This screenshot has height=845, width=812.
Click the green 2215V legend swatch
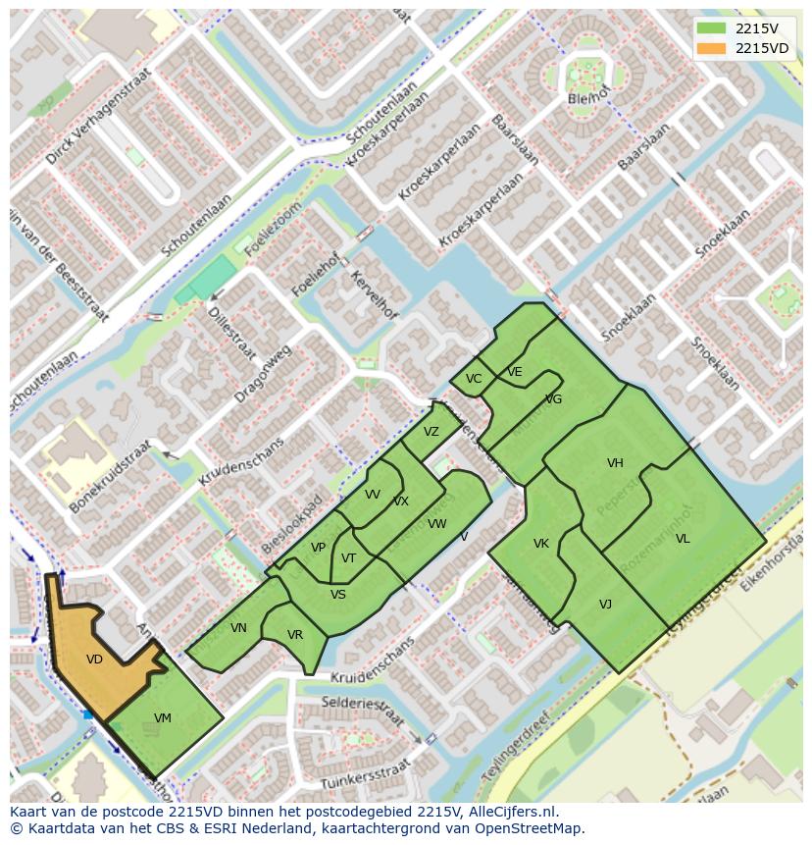pyautogui.click(x=712, y=28)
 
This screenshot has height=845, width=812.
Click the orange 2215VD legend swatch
pyautogui.click(x=712, y=48)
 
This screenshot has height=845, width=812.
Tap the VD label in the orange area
pyautogui.click(x=94, y=660)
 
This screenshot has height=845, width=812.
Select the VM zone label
pyautogui.click(x=163, y=718)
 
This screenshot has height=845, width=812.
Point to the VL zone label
pyautogui.click(x=683, y=539)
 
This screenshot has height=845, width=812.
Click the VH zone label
pyautogui.click(x=615, y=463)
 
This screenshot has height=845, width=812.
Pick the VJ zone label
pyautogui.click(x=605, y=605)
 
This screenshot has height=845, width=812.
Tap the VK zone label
pyautogui.click(x=541, y=544)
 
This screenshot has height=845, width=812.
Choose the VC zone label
pyautogui.click(x=474, y=379)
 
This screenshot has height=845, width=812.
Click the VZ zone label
pyautogui.click(x=431, y=432)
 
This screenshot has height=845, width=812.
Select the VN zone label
pyautogui.click(x=238, y=628)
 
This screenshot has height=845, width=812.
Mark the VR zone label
pyautogui.click(x=295, y=635)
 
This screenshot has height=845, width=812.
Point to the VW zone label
pyautogui.click(x=437, y=524)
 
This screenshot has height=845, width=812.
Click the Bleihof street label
pyautogui.click(x=589, y=98)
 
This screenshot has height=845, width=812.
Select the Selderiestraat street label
pyautogui.click(x=364, y=711)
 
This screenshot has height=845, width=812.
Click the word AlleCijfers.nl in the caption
pyautogui.click(x=511, y=812)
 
